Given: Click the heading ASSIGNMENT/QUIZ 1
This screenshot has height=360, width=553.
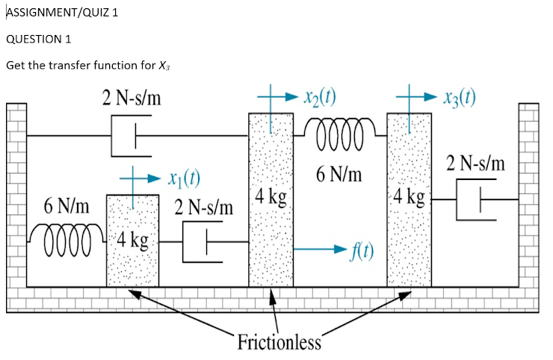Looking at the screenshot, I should [x=62, y=13].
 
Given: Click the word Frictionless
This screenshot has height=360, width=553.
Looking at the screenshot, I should [x=279, y=343].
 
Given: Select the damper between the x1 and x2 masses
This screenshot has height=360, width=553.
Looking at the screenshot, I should [x=203, y=242].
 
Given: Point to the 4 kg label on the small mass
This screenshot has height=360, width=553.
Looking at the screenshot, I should [x=133, y=240].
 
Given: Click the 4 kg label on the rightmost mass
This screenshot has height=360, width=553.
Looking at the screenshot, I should [x=410, y=198].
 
